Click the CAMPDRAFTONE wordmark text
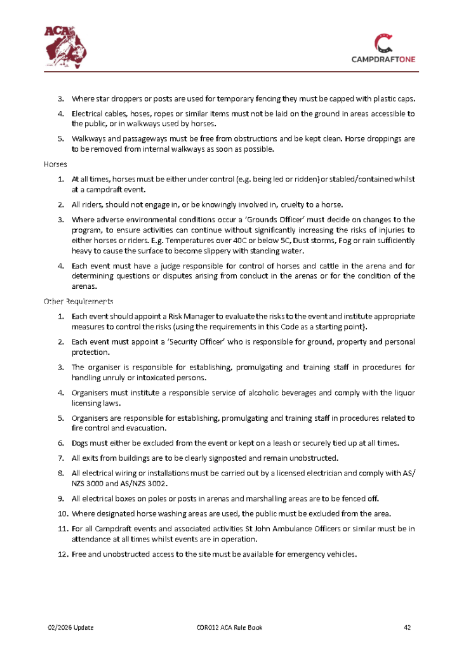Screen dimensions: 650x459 click(384, 59)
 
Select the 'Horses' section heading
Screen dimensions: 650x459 click(55, 164)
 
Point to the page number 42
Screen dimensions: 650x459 click(408, 628)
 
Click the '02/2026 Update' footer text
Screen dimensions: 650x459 click(71, 628)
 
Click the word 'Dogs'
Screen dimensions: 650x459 click(80, 442)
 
